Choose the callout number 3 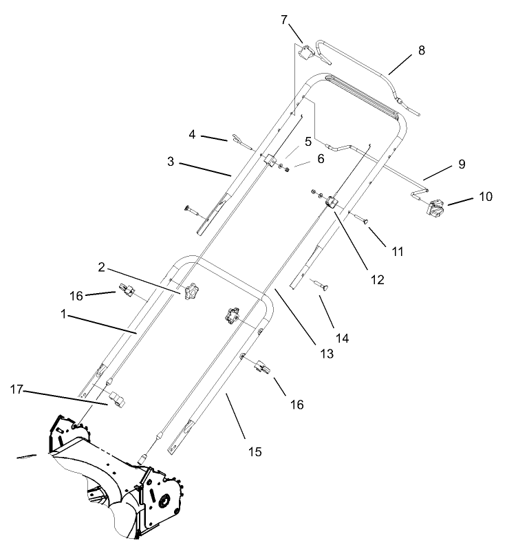point(171,163)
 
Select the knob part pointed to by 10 point(436,207)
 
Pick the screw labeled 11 point(363,220)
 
